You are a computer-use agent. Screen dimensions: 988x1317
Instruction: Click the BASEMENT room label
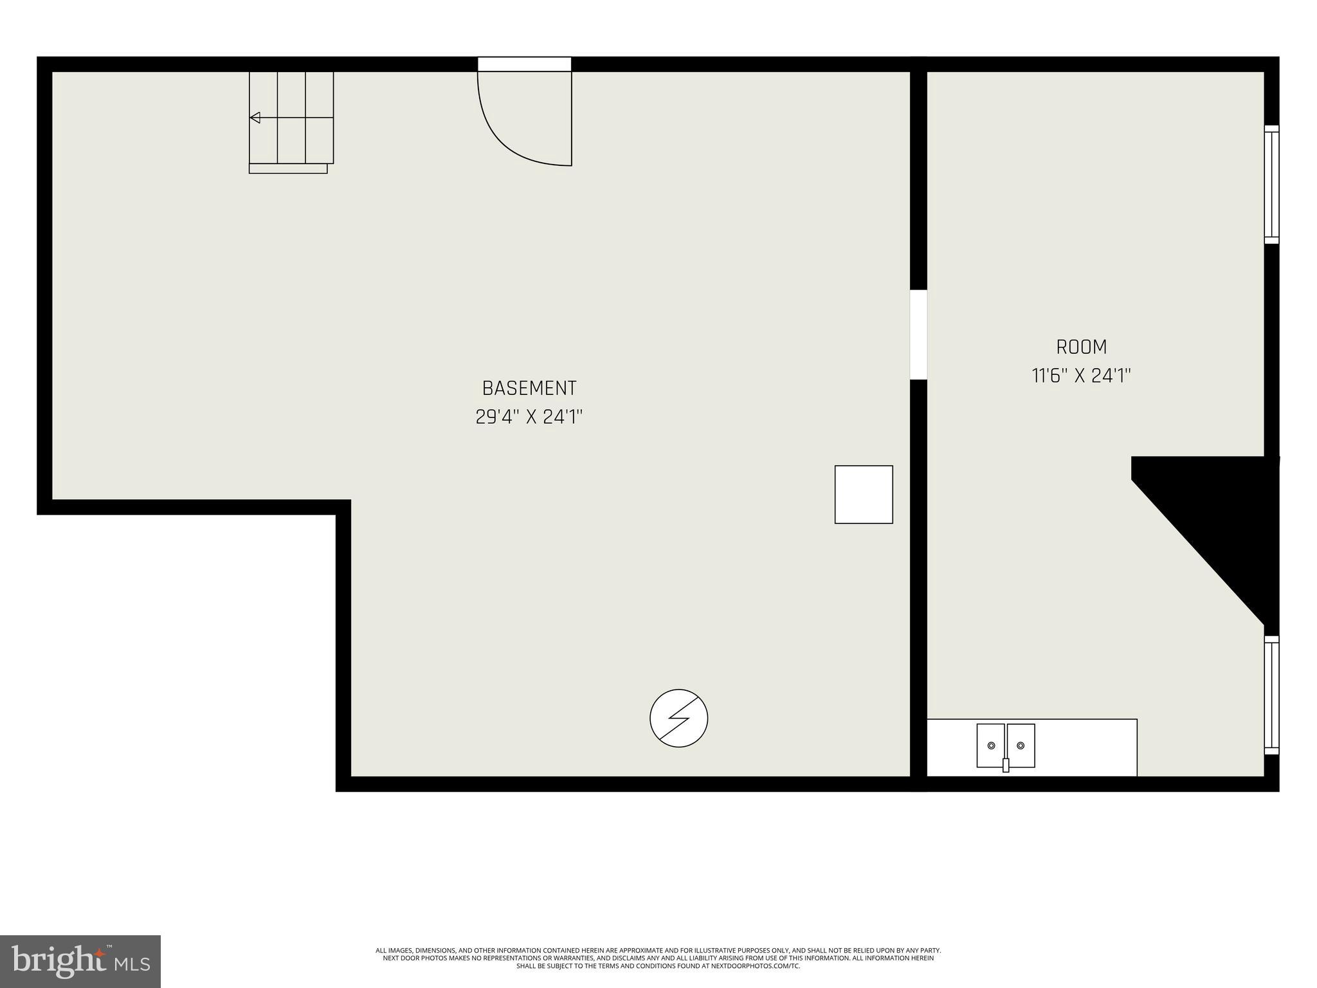(x=529, y=389)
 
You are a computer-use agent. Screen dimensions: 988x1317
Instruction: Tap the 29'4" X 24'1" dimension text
(x=529, y=417)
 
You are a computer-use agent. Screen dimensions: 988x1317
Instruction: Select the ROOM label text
(x=1082, y=347)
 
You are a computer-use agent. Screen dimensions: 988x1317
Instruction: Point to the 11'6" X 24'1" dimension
(x=1082, y=376)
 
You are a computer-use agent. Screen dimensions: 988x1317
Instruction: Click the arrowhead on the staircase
(x=255, y=118)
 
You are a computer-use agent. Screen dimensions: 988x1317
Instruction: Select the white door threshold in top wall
(x=524, y=64)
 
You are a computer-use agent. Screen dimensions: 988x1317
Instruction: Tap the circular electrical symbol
(x=679, y=718)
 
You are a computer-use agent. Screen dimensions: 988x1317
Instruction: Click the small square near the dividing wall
(x=864, y=495)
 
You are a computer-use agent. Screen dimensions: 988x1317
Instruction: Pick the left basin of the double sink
(x=990, y=746)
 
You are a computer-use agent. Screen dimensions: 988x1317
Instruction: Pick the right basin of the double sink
(x=1021, y=746)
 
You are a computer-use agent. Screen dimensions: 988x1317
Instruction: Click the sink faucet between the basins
(x=1006, y=765)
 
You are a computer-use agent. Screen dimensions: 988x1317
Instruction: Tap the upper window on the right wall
(x=1271, y=185)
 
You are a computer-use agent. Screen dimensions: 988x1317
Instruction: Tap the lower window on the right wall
(x=1271, y=695)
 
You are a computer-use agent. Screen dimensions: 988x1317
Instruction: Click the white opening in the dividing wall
(x=918, y=334)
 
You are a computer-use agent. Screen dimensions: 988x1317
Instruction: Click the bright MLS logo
(x=80, y=962)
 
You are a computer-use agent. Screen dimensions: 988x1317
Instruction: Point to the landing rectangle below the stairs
(x=288, y=169)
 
